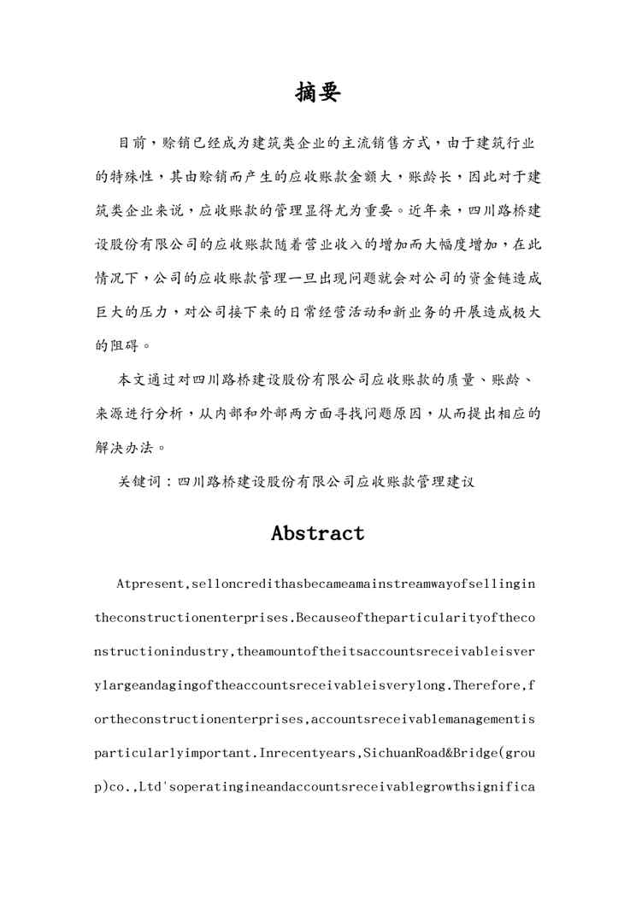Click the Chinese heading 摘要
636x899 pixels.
(317, 92)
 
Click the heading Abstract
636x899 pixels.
(317, 533)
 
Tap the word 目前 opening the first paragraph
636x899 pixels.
(130, 143)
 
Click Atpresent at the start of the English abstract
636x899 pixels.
(150, 585)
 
